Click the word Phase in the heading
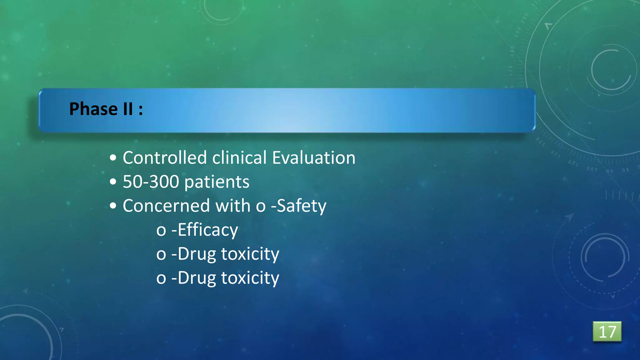93,109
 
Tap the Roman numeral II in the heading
128,109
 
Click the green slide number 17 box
607,332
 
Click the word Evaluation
314,157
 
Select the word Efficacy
208,230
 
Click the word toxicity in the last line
250,278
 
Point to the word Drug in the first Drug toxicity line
197,254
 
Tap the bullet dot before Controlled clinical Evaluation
113,158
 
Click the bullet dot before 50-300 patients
113,182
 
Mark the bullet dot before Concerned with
113,206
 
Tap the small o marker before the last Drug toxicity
161,279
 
